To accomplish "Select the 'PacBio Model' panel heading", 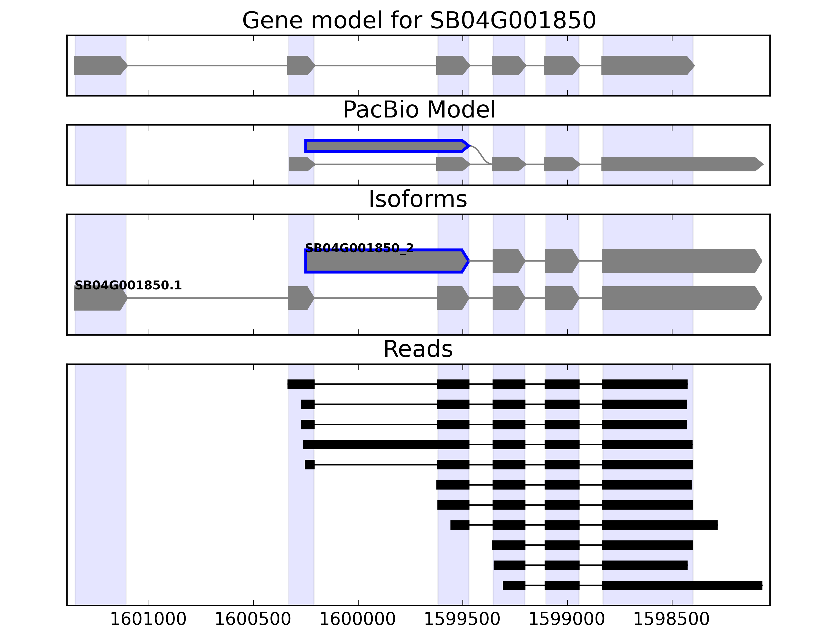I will coord(419,110).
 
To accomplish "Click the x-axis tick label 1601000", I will coord(148,619).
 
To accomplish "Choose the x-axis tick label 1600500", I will coord(253,619).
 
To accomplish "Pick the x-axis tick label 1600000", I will coord(358,619).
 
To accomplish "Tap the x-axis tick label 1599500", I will coord(462,619).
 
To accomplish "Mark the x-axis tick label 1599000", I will coord(567,619).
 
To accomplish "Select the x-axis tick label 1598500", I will coord(671,619).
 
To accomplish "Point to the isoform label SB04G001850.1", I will coord(128,285).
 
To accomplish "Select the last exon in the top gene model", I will coord(647,65).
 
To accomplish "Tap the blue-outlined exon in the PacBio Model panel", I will coord(386,146).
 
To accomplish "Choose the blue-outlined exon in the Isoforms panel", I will coord(386,261).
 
